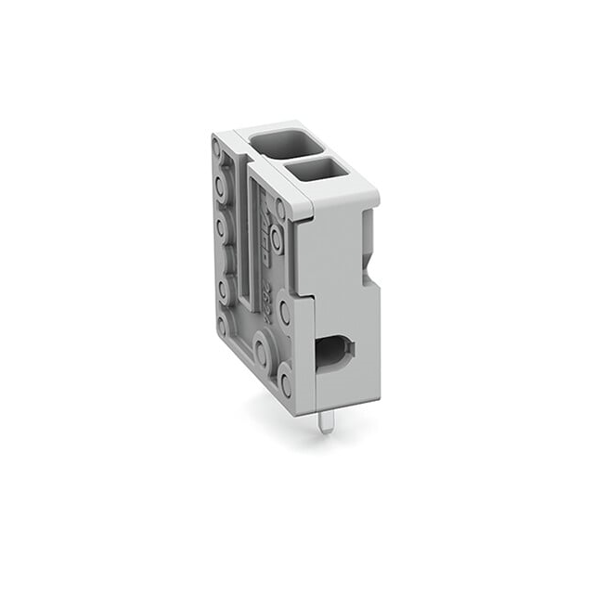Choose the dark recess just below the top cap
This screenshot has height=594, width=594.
click(368, 227)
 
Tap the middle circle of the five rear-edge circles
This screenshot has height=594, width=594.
click(221, 228)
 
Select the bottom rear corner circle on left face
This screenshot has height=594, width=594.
click(223, 325)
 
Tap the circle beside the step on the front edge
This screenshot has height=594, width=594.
click(285, 313)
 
